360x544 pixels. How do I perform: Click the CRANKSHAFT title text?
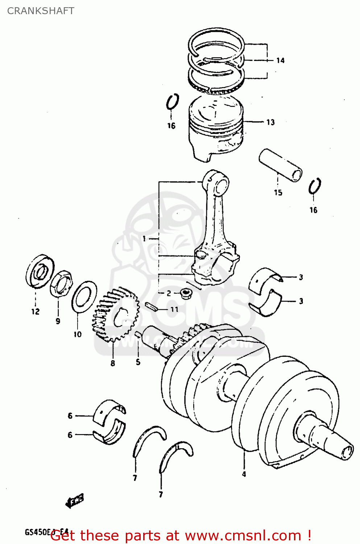point(41,11)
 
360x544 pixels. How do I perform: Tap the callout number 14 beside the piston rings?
point(280,61)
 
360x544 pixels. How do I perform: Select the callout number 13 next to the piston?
point(270,123)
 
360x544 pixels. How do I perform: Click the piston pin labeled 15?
point(280,165)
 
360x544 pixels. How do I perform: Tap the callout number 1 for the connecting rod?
point(144,239)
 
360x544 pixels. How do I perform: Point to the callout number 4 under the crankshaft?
point(244,474)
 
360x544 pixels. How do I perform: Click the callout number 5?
point(138,362)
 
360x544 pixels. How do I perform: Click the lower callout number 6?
point(70,434)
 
